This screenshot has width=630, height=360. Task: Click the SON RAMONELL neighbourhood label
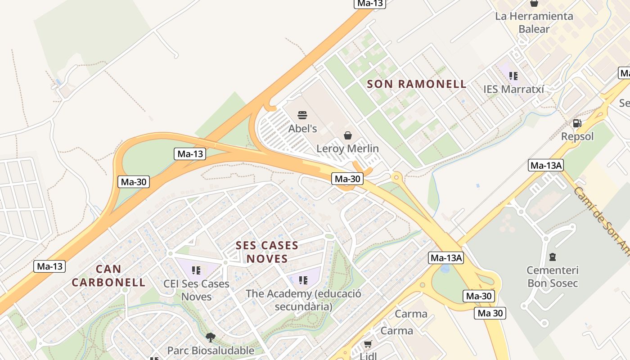(417, 84)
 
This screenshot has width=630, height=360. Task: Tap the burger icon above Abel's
(302, 115)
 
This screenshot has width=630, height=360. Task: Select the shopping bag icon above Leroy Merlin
(348, 135)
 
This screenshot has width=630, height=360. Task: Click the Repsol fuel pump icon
(577, 123)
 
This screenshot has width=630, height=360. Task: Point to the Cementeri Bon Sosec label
(553, 277)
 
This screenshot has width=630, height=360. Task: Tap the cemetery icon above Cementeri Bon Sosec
(553, 257)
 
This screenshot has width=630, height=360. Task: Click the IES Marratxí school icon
(513, 76)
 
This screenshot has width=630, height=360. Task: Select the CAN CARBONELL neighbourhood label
(108, 276)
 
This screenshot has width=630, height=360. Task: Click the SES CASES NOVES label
(267, 252)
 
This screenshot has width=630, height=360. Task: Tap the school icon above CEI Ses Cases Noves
(196, 270)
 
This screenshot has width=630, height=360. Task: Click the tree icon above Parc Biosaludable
(210, 337)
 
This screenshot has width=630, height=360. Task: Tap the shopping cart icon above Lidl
(368, 344)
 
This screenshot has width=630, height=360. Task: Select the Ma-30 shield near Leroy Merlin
(347, 179)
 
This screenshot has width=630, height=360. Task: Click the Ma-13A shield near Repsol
(546, 165)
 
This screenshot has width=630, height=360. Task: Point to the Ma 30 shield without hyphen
(490, 313)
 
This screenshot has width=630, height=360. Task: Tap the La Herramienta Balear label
(534, 22)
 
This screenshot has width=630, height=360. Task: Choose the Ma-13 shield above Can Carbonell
(49, 266)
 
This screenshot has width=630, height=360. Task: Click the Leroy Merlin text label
(347, 148)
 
